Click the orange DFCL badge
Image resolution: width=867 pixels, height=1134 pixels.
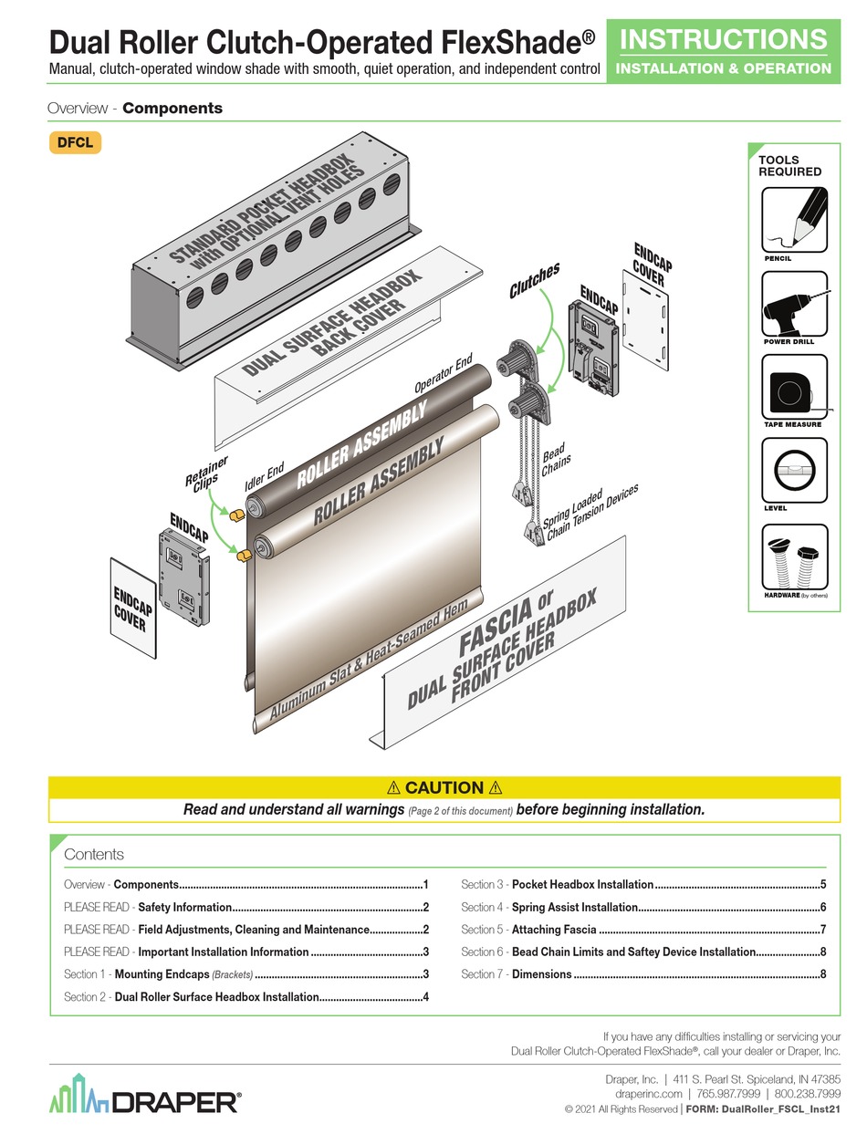coord(74,142)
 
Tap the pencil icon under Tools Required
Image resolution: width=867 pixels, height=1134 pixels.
coord(794,219)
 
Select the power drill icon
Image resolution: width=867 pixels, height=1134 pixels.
coord(794,304)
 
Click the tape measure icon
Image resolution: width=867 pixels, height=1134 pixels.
coord(794,387)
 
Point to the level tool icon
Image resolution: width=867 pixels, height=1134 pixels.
coord(794,470)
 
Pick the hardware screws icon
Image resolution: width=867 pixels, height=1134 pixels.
coord(794,557)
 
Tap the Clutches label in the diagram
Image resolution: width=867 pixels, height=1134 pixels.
coord(534,280)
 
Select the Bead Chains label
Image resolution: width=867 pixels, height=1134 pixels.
coord(556,461)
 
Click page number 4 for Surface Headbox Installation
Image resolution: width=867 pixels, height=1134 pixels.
coord(425,997)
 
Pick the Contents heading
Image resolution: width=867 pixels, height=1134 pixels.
coord(94,855)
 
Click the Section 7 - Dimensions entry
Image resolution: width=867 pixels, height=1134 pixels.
coord(517,974)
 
